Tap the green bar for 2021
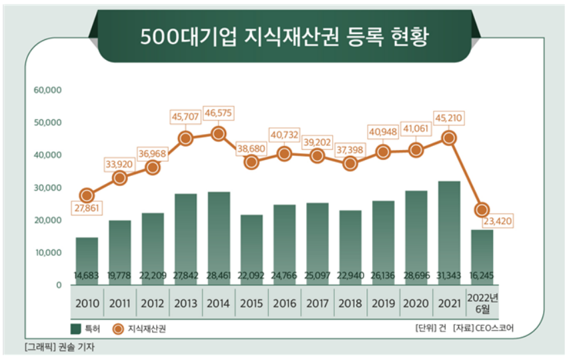pyautogui.click(x=448, y=227)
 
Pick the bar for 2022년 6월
pyautogui.click(x=482, y=253)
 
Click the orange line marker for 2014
pyautogui.click(x=218, y=133)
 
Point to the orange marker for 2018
pyautogui.click(x=350, y=163)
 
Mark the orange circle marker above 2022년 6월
pyautogui.click(x=482, y=210)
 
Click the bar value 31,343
pyautogui.click(x=448, y=275)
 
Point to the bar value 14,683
pyautogui.click(x=87, y=275)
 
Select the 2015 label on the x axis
pyautogui.click(x=251, y=303)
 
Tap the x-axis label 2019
pyautogui.click(x=382, y=303)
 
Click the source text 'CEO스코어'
pyautogui.click(x=497, y=328)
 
